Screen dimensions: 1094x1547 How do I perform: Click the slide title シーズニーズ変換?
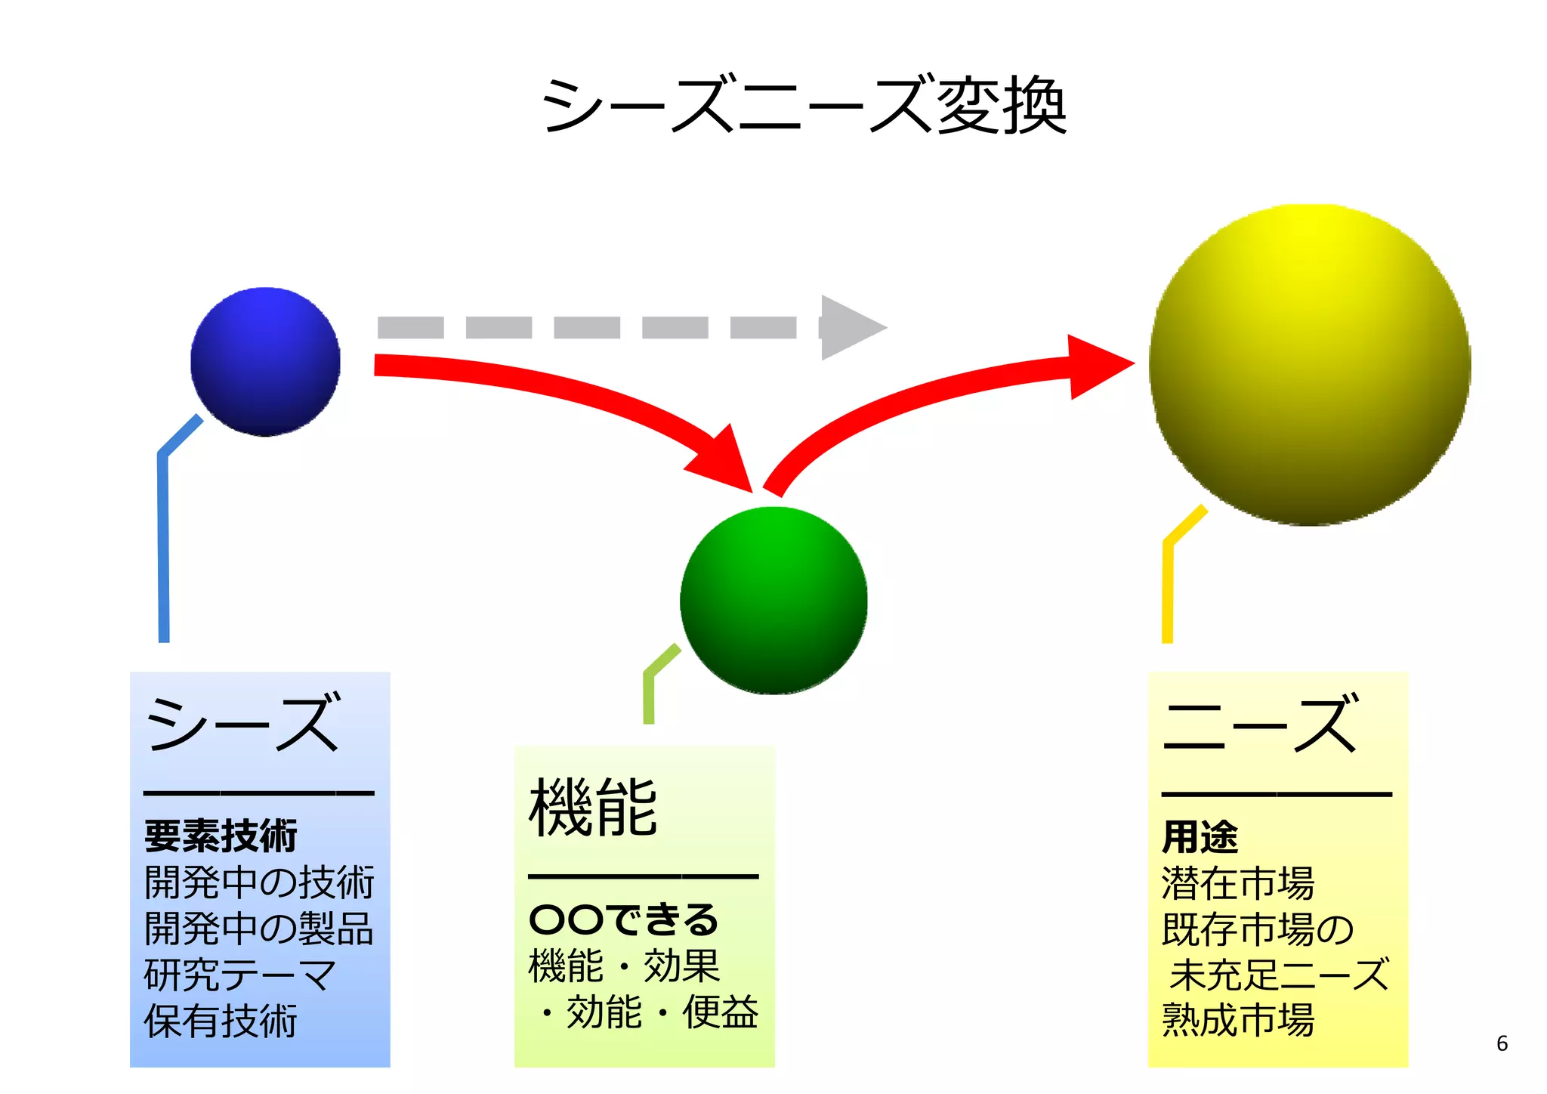[804, 107]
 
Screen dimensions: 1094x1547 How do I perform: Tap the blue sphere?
[265, 361]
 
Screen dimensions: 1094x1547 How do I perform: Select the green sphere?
[773, 600]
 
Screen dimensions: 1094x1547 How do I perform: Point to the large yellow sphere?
[1309, 365]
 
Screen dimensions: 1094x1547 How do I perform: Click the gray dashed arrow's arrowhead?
[850, 327]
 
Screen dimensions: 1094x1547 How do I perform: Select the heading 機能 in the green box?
[594, 808]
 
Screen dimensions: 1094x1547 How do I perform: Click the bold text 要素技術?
[221, 836]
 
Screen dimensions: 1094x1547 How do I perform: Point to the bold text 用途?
[1200, 837]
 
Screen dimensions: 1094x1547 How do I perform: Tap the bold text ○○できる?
[623, 919]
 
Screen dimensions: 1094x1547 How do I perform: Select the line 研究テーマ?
[239, 975]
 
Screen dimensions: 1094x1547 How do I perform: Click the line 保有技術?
[221, 1021]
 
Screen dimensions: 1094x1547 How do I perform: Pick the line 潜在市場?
[1238, 883]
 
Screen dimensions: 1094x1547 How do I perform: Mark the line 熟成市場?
[1238, 1020]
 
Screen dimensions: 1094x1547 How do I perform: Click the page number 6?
[1502, 1043]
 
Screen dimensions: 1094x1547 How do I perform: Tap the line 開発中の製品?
[258, 929]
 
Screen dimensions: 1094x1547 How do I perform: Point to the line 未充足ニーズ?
[1279, 975]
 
